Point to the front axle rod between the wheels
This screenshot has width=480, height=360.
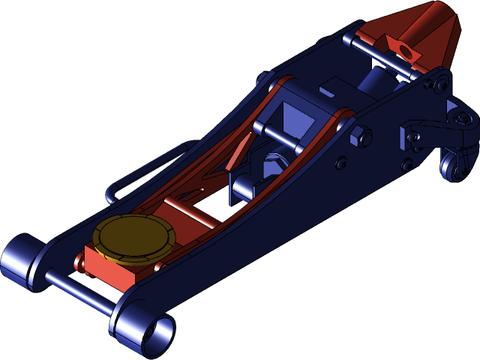[x=79, y=292]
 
